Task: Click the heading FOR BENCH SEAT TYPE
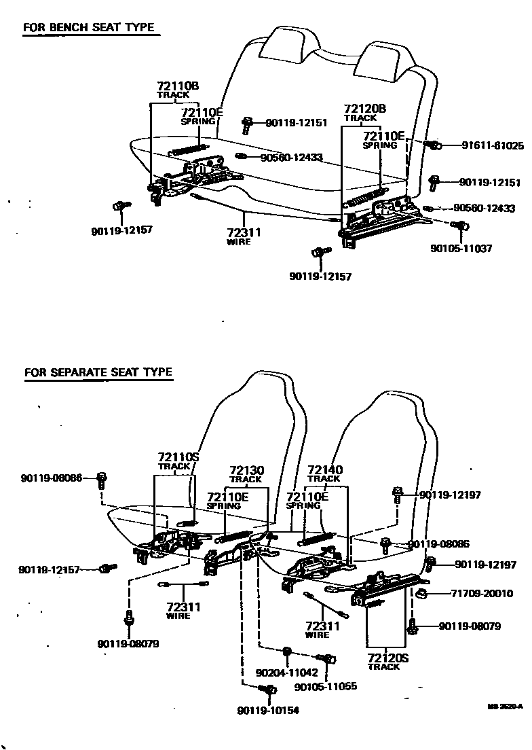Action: tap(88, 29)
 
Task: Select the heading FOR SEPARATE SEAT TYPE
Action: tap(98, 372)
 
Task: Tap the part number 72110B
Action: tap(177, 86)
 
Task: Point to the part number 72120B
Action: tap(364, 109)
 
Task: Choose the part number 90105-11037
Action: tap(461, 249)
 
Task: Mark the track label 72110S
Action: tap(178, 457)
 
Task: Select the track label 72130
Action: tap(246, 470)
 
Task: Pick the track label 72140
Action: tap(325, 469)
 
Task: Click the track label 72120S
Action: tap(387, 658)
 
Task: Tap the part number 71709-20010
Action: tap(482, 593)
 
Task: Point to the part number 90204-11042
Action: tap(286, 672)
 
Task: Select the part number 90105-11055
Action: tap(326, 687)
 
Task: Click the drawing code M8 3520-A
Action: tap(505, 707)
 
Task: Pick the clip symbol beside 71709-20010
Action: tap(421, 594)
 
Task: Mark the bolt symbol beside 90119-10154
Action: tap(267, 690)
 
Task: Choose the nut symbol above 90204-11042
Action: tap(287, 651)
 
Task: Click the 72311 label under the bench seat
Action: tap(244, 232)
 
